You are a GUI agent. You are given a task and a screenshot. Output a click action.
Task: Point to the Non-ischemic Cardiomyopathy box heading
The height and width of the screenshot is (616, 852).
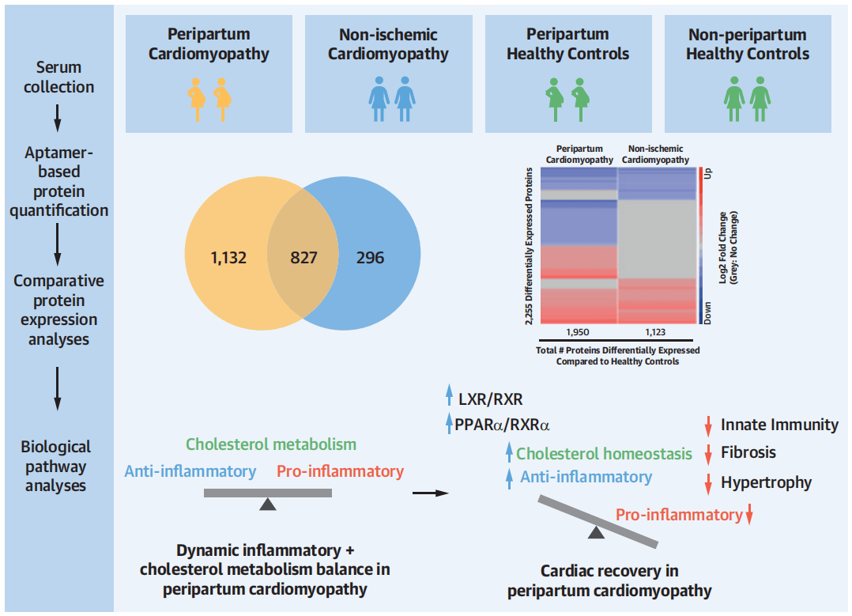pyautogui.click(x=388, y=44)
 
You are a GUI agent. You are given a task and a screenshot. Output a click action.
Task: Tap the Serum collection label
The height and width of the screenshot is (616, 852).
pyautogui.click(x=58, y=77)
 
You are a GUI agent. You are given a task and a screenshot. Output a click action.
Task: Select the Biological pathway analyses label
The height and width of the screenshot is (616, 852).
pyautogui.click(x=57, y=467)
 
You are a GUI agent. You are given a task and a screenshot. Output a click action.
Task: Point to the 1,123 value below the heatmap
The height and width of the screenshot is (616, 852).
pyautogui.click(x=654, y=331)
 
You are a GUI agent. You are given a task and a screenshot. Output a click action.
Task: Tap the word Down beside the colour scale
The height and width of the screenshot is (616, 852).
pyautogui.click(x=707, y=312)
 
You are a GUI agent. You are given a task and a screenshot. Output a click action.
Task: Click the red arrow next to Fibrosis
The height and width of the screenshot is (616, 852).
pyautogui.click(x=708, y=454)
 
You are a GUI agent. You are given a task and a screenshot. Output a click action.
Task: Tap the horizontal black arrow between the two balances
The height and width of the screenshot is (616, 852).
pyautogui.click(x=430, y=494)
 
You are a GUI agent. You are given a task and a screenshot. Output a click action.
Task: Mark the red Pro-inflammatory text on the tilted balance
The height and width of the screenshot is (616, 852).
pyautogui.click(x=679, y=515)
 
